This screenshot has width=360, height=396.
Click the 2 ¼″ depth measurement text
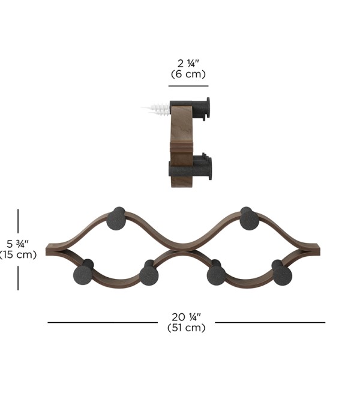[x=188, y=63]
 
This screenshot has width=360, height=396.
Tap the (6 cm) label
[x=188, y=74]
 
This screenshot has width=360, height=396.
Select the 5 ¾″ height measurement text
[x=17, y=244]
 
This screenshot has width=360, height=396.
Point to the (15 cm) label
[x=18, y=254]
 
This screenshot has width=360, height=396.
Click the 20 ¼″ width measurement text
[x=187, y=317]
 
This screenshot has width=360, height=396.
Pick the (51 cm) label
[x=187, y=328]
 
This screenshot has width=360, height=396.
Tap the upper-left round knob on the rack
[x=116, y=218]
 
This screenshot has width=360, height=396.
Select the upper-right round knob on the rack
[x=249, y=218]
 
